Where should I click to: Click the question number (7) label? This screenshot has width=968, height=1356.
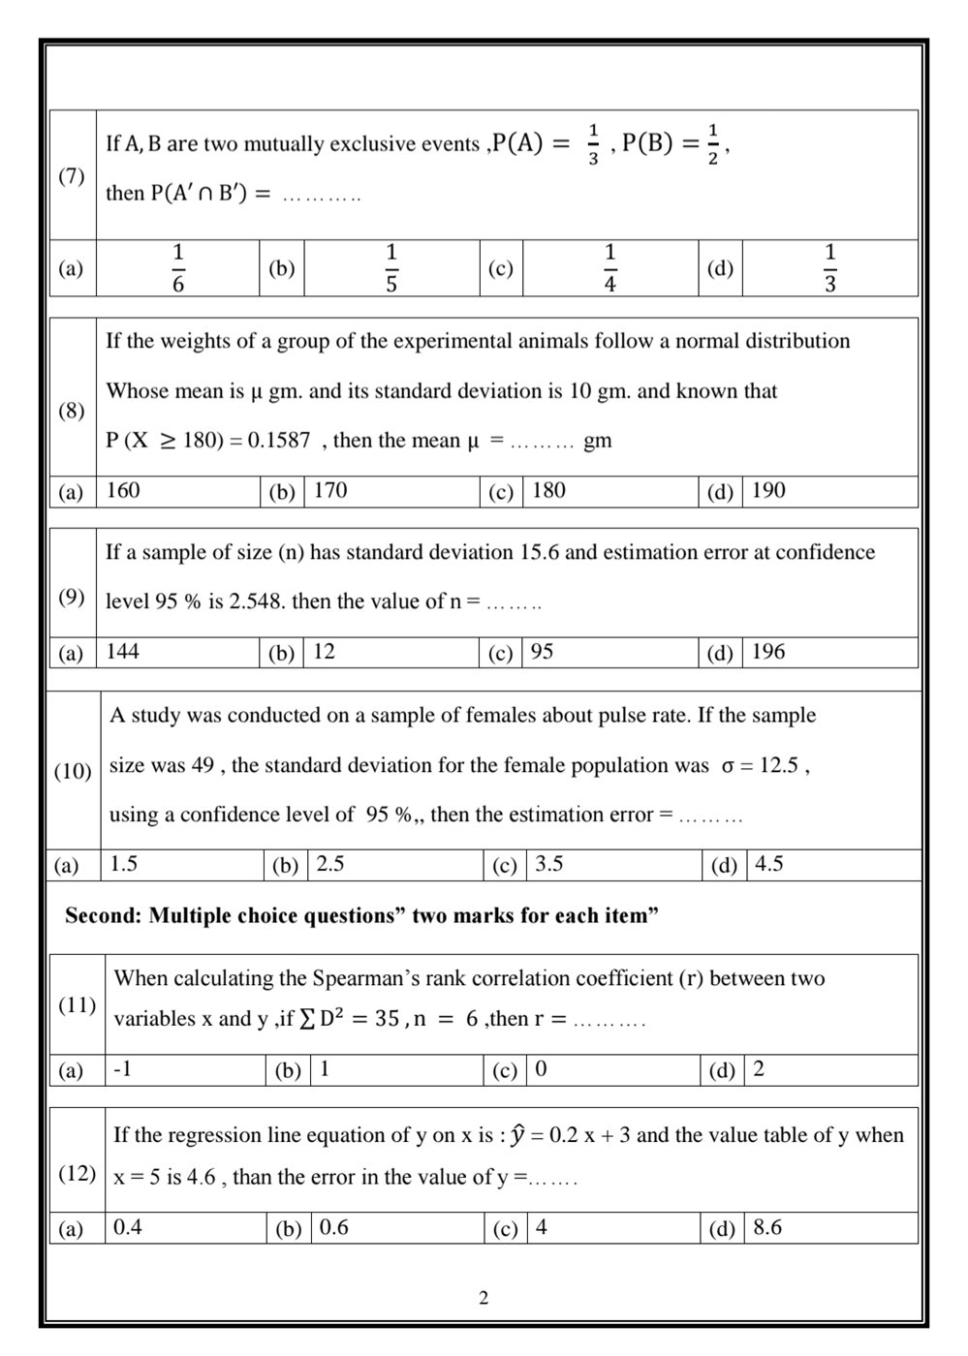[72, 176]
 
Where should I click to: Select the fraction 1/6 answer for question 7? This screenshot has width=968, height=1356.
[178, 268]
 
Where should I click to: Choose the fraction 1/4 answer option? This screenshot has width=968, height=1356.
[609, 268]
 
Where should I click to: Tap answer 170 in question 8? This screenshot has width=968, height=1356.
[330, 491]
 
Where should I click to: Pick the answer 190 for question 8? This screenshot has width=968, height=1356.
[768, 491]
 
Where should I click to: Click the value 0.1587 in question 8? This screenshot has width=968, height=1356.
[279, 441]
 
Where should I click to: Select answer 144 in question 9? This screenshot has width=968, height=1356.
[123, 652]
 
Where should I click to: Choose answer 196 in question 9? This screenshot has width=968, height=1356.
[768, 652]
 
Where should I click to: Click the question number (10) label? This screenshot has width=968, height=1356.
[73, 772]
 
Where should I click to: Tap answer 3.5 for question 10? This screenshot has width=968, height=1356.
[548, 864]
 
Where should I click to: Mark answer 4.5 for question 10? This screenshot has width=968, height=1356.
[769, 864]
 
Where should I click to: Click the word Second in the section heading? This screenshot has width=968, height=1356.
[103, 916]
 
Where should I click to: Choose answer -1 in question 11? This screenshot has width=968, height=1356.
[122, 1069]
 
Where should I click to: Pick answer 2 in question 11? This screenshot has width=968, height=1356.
[759, 1069]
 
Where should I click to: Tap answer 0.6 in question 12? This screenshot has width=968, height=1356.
[334, 1228]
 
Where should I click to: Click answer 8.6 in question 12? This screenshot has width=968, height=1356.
[767, 1228]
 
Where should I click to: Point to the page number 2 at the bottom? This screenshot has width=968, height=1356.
[484, 1298]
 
